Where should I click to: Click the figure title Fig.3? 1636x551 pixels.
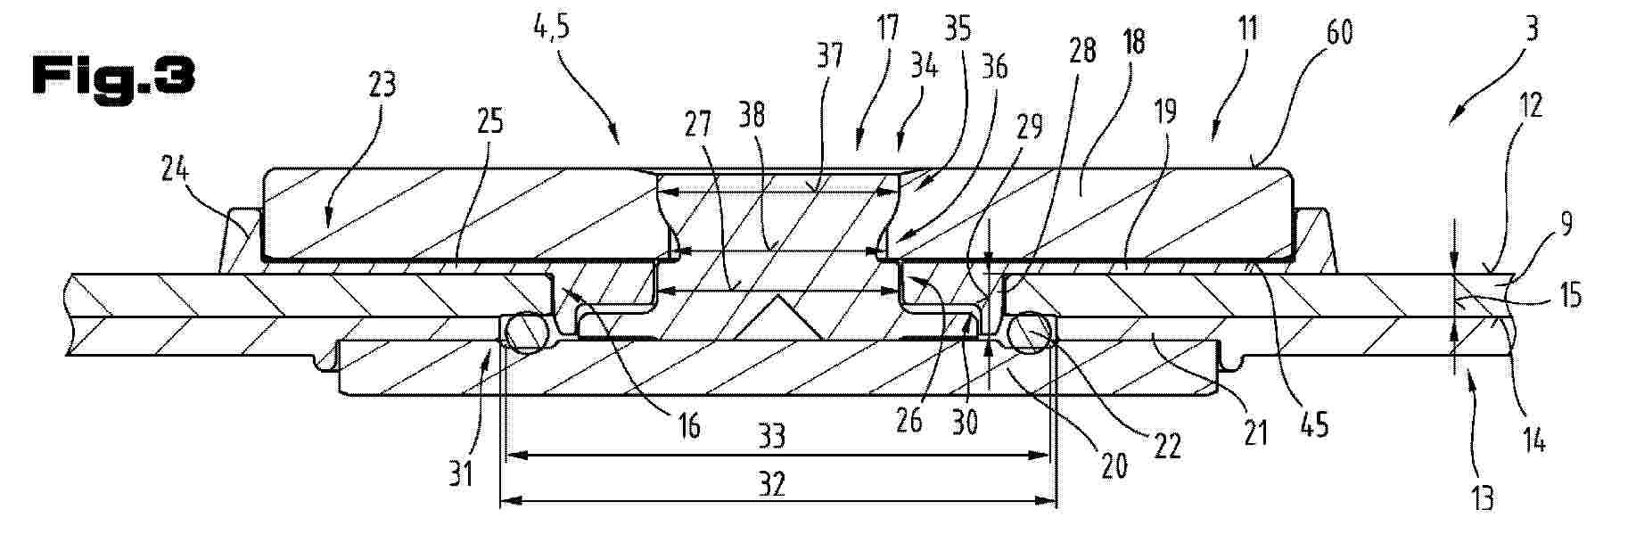click(x=112, y=77)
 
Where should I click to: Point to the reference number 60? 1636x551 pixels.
click(x=1338, y=32)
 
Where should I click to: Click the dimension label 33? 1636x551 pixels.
click(x=772, y=436)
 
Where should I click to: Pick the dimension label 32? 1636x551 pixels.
click(x=772, y=484)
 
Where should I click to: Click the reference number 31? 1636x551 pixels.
click(x=461, y=475)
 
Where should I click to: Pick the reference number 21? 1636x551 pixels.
click(x=1255, y=434)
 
